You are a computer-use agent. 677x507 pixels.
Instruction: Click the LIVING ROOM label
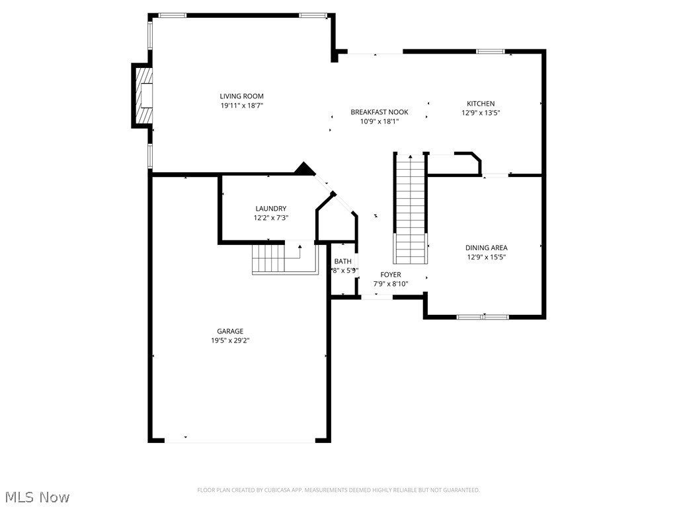242,96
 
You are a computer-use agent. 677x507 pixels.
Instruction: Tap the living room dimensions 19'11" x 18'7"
242,106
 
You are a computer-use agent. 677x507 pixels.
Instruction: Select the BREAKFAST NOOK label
379,112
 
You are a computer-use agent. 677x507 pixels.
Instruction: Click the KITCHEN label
481,104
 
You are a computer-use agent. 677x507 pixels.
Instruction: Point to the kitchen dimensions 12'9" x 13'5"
481,113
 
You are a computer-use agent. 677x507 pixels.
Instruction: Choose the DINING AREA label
486,248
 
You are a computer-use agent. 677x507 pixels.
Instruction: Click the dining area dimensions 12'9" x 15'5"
486,257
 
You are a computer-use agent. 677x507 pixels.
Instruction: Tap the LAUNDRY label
270,209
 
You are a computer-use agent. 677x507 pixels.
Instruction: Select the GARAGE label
230,331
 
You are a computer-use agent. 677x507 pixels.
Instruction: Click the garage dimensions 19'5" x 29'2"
230,341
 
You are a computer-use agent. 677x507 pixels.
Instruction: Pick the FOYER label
390,275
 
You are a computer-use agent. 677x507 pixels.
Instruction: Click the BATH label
342,261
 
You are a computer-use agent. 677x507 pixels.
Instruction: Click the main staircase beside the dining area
411,208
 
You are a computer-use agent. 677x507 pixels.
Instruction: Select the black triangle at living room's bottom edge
304,169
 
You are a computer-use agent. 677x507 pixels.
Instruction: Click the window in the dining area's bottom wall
483,317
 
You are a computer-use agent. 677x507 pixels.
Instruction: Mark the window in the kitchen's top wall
491,51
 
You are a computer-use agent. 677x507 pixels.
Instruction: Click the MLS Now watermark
37,496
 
